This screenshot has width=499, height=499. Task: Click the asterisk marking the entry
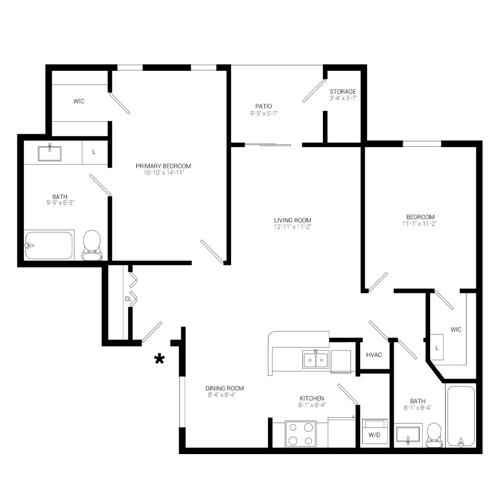pyautogui.click(x=159, y=359)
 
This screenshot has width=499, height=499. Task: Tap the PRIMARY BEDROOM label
pyautogui.click(x=163, y=166)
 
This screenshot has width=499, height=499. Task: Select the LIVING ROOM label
pyautogui.click(x=292, y=220)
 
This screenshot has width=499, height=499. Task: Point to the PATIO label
pyautogui.click(x=263, y=106)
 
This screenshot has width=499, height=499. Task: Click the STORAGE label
pyautogui.click(x=343, y=92)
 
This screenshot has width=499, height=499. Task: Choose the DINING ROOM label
pyautogui.click(x=225, y=388)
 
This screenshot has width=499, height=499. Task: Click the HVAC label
pyautogui.click(x=374, y=355)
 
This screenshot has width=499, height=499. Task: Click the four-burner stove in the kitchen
pyautogui.click(x=300, y=433)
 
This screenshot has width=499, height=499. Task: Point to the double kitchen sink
pyautogui.click(x=315, y=359)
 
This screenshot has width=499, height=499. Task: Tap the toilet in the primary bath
pyautogui.click(x=91, y=246)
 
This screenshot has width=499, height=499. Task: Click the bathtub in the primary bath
pyautogui.click(x=49, y=245)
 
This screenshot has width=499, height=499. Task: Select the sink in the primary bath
pyautogui.click(x=50, y=153)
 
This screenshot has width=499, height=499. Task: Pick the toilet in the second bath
pyautogui.click(x=434, y=434)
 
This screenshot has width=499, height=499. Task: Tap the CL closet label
pyautogui.click(x=128, y=299)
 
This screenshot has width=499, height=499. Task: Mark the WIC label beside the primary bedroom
pyautogui.click(x=79, y=101)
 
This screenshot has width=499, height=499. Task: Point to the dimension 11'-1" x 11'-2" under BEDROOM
pyautogui.click(x=420, y=224)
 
